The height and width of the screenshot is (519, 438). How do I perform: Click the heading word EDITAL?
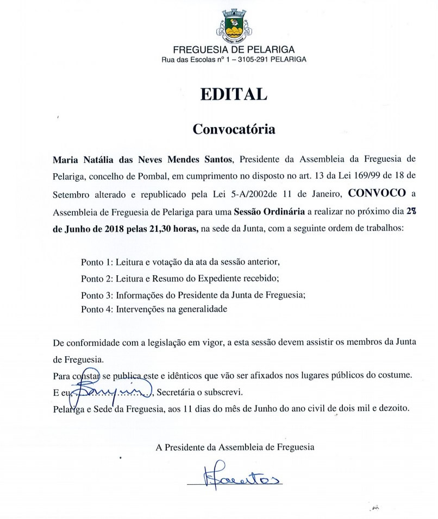tap(234, 94)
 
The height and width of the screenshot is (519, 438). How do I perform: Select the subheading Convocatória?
tap(234, 130)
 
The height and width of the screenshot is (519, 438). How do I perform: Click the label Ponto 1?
tap(97, 262)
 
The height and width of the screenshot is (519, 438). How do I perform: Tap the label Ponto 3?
tap(97, 295)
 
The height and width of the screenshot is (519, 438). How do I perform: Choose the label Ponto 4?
tap(97, 309)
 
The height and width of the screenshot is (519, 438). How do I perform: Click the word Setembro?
tap(72, 194)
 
